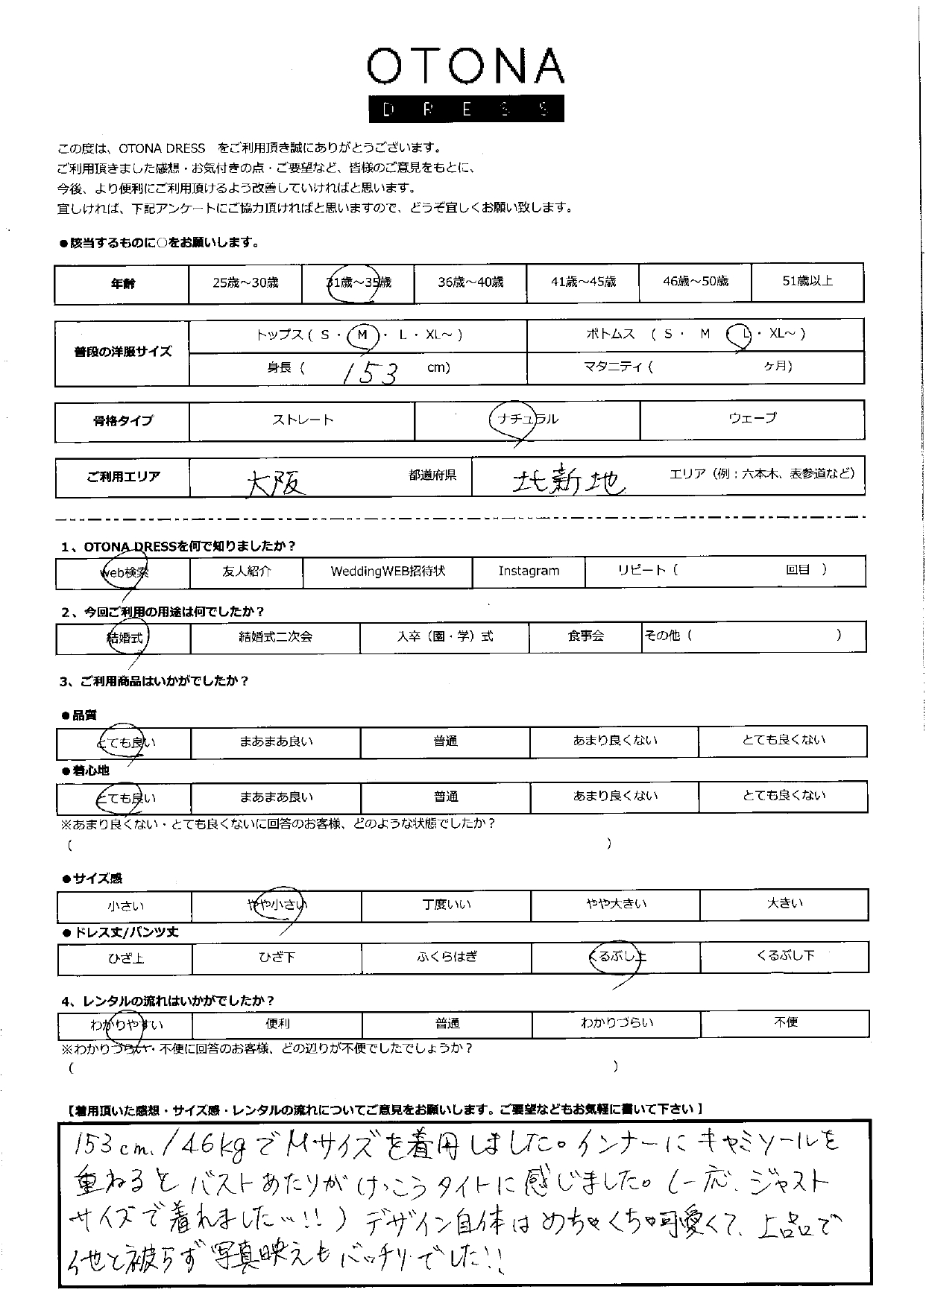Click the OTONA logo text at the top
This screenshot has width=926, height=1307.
pyautogui.click(x=465, y=68)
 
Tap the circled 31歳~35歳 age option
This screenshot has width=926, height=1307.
pyautogui.click(x=358, y=283)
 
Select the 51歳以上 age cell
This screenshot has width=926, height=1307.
pyautogui.click(x=807, y=282)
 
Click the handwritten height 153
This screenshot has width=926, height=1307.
pyautogui.click(x=369, y=370)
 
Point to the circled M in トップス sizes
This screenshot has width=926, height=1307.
pyautogui.click(x=362, y=335)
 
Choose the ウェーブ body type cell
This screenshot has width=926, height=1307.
pyautogui.click(x=752, y=419)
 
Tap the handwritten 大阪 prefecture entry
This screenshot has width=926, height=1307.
pyautogui.click(x=276, y=484)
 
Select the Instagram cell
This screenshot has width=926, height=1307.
pyautogui.click(x=529, y=572)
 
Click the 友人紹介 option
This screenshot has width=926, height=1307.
pyautogui.click(x=247, y=572)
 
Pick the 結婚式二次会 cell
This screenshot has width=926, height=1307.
pyautogui.click(x=275, y=637)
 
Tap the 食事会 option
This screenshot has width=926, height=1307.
pyautogui.click(x=585, y=637)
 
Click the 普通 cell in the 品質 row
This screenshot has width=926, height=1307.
pyautogui.click(x=445, y=741)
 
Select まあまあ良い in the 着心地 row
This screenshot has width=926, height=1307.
pyautogui.click(x=276, y=797)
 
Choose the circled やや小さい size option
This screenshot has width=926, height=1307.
pyautogui.click(x=277, y=905)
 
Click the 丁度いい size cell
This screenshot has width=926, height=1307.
pyautogui.click(x=446, y=905)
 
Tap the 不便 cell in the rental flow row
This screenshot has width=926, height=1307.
pyautogui.click(x=785, y=1022)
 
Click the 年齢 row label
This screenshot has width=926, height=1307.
pyautogui.click(x=122, y=284)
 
